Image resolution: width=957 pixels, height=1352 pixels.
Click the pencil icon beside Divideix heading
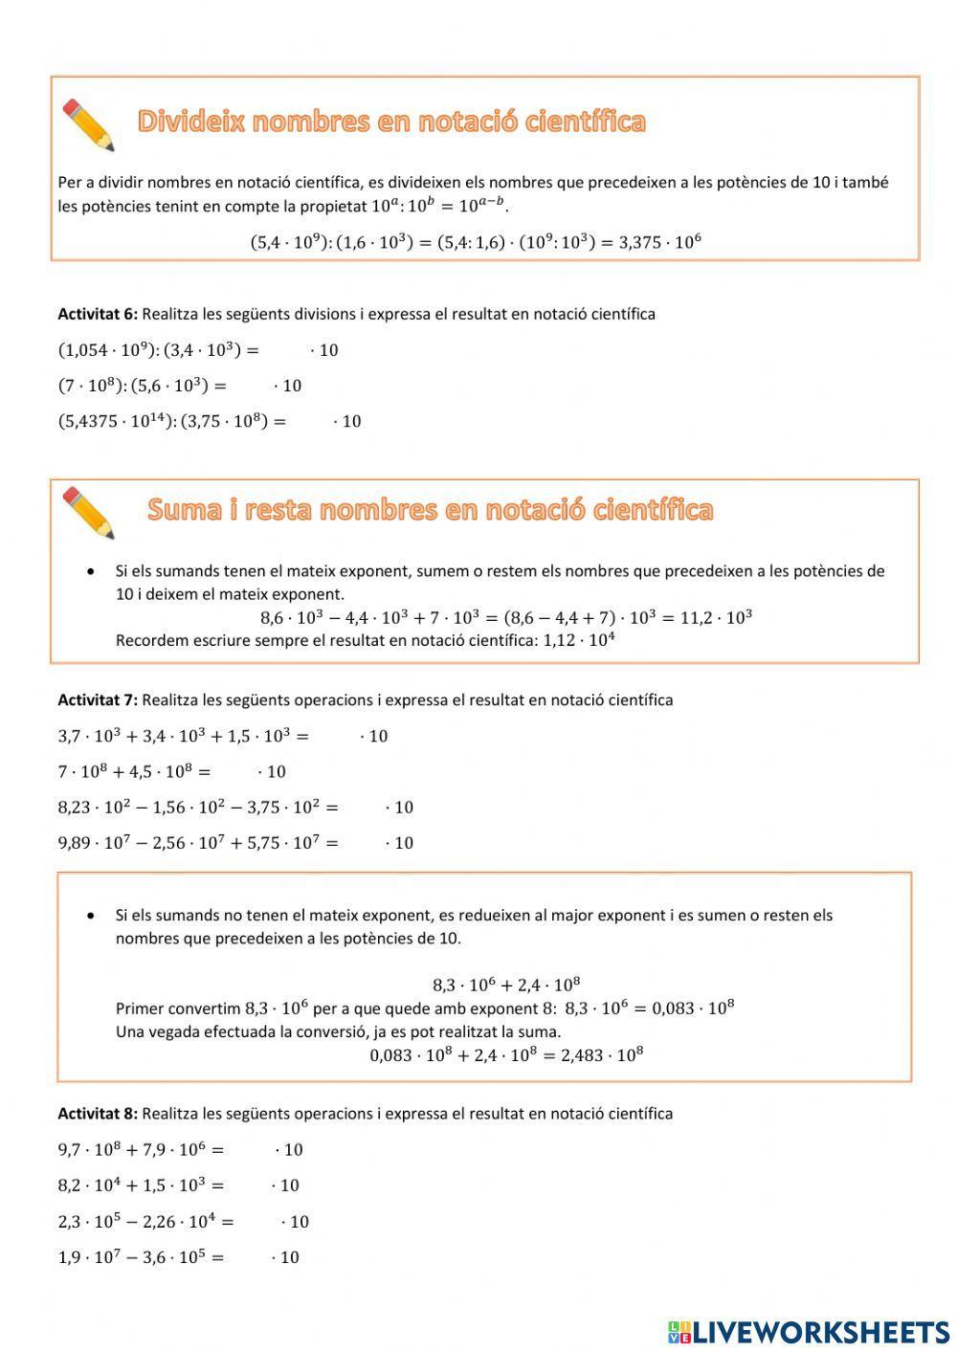point(88,124)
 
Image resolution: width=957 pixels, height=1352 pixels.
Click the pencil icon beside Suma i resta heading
point(88,512)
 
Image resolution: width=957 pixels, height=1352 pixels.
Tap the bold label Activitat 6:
point(98,314)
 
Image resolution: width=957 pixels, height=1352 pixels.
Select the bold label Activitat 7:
point(98,699)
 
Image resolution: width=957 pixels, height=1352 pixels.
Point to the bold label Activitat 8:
point(98,1113)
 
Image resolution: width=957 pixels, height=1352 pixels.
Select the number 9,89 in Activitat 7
point(73,843)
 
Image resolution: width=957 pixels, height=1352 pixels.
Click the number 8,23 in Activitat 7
point(73,808)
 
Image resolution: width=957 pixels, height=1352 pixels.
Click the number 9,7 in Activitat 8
point(68,1150)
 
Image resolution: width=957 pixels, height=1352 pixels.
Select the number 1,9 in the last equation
point(68,1257)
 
